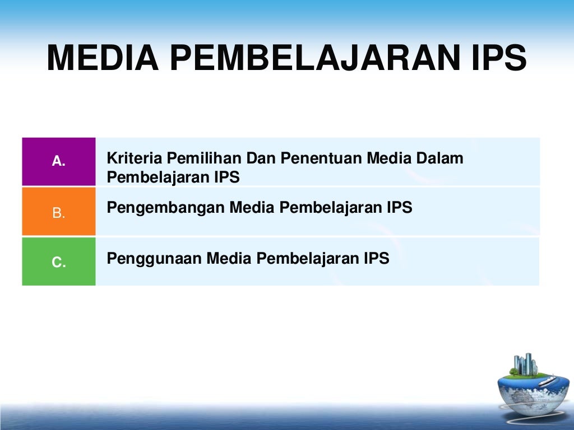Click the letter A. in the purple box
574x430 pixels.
point(59,162)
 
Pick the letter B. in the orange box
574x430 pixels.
point(59,213)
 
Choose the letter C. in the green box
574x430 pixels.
point(59,262)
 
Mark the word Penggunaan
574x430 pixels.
point(154,259)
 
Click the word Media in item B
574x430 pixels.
point(252,208)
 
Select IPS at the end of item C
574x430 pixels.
point(376,259)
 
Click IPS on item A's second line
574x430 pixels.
point(226,177)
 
